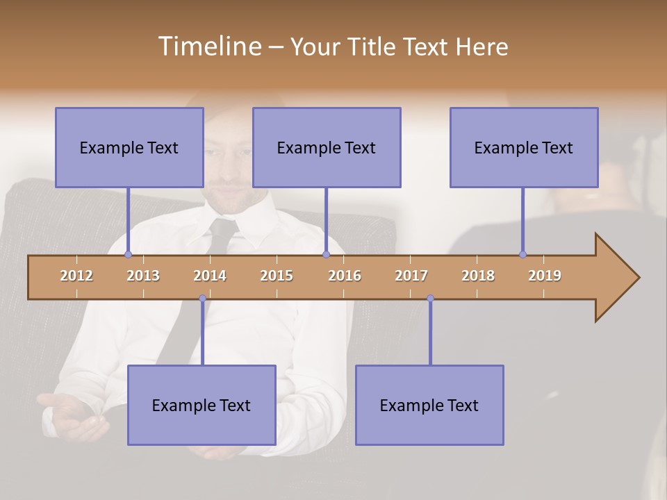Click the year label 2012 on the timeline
76,276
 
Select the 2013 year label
143,276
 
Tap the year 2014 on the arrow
210,276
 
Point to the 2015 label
277,276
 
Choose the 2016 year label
345,276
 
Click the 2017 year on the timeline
411,276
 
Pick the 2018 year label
478,276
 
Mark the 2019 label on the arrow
545,276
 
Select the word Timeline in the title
208,47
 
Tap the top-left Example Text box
129,147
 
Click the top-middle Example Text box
327,147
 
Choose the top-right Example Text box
524,147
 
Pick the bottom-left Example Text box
201,405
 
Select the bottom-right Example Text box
429,405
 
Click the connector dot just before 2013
128,255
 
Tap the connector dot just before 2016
326,255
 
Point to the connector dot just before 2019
522,254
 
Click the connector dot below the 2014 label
202,299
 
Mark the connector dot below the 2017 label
430,299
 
